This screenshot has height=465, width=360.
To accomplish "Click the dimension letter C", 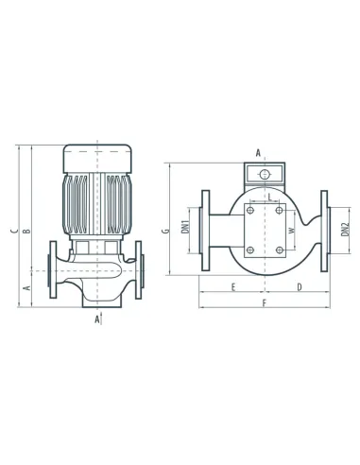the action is (x=14, y=231).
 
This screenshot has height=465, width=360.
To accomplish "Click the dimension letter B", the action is (x=27, y=231).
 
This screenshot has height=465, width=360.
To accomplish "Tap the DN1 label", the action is (x=185, y=227).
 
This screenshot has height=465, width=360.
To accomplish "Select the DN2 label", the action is (x=346, y=230).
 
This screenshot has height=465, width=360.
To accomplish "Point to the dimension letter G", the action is (x=165, y=231).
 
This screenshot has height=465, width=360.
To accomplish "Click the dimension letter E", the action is (x=233, y=287).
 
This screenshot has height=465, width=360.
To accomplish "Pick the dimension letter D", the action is (x=300, y=287).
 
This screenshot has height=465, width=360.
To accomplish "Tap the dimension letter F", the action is (x=265, y=302).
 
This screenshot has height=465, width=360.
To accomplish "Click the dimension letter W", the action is (x=292, y=230).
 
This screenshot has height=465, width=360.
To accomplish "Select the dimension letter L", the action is (x=270, y=197).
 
